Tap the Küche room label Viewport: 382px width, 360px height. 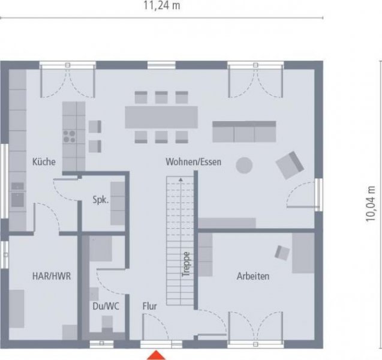[x=44, y=161]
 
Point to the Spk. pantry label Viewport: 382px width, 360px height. [x=100, y=200]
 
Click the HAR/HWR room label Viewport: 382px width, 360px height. [x=52, y=276]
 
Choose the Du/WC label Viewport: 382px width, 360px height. [x=106, y=306]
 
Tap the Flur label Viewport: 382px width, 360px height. [x=149, y=306]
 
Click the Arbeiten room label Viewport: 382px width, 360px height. [x=252, y=276]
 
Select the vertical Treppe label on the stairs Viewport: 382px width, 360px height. [x=186, y=263]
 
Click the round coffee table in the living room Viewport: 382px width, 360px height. [x=244, y=164]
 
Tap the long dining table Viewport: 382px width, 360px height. [x=161, y=117]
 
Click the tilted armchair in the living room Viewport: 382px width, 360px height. [x=290, y=164]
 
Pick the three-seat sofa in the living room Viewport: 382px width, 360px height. [x=244, y=131]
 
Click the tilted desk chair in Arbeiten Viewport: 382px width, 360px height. [x=282, y=252]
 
